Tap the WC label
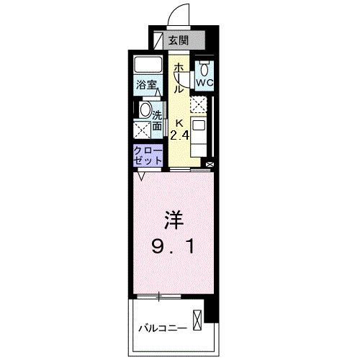pyautogui.click(x=204, y=83)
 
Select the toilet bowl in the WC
pyautogui.click(x=204, y=69)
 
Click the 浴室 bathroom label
pyautogui.click(x=148, y=84)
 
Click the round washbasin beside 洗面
pyautogui.click(x=145, y=112)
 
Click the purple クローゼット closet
pyautogui.click(x=146, y=155)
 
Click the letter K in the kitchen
pyautogui.click(x=181, y=122)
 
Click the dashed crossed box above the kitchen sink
pyautogui.click(x=199, y=105)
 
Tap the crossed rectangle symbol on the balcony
pyautogui.click(x=197, y=318)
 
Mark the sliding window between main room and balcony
pyautogui.click(x=158, y=296)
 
